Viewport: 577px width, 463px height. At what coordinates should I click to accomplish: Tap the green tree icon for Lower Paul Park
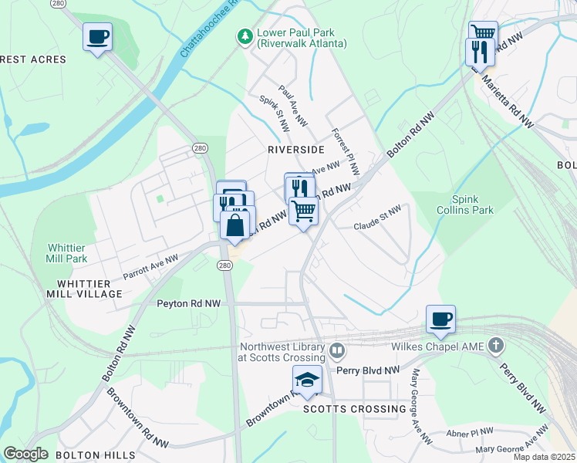(245, 36)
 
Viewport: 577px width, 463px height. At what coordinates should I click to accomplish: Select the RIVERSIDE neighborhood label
(296, 149)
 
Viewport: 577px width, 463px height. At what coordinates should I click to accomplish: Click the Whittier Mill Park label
(67, 253)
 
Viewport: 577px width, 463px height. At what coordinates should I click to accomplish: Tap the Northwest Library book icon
(337, 351)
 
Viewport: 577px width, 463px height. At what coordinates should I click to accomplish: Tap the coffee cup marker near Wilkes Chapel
(440, 319)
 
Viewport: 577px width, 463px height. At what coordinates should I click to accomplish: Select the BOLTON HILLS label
(96, 455)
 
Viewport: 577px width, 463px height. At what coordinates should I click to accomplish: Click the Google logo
(25, 454)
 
